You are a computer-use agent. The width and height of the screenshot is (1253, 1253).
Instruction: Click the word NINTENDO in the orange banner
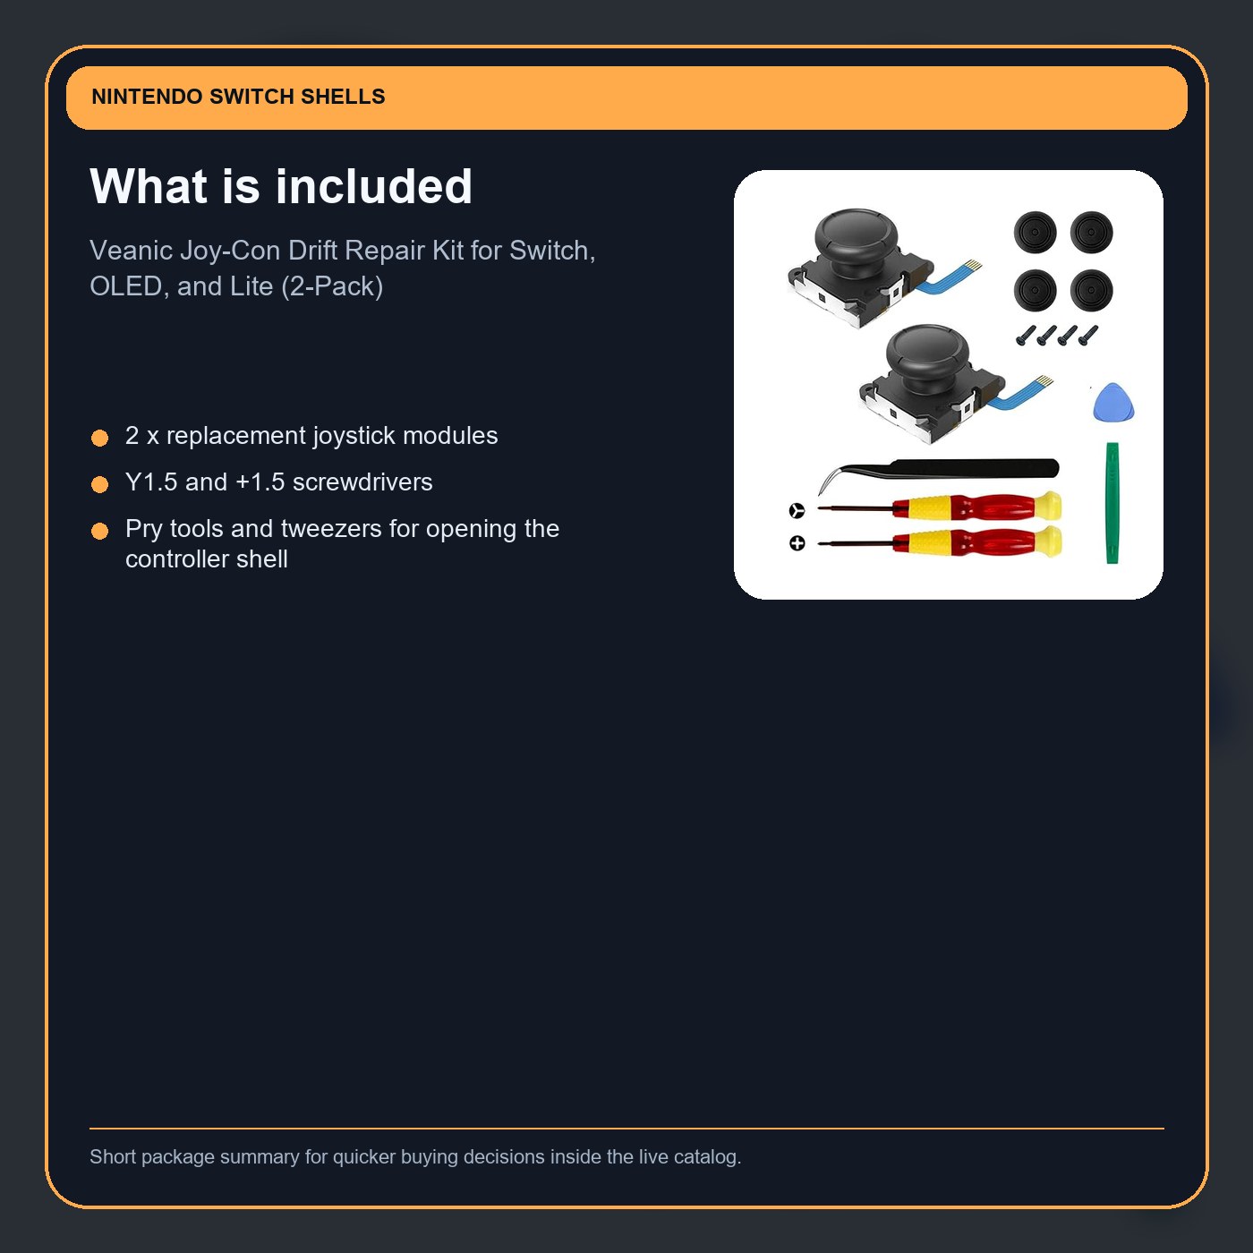(147, 97)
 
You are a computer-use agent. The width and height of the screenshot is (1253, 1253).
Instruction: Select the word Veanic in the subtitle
(131, 251)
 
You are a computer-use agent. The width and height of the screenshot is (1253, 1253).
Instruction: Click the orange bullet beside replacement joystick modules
(99, 438)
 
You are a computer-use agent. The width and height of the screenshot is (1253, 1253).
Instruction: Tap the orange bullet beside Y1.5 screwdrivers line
(99, 484)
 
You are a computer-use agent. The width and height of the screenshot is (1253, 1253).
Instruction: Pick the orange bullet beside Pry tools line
(99, 531)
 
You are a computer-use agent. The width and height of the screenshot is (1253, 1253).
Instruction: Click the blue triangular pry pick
(1112, 403)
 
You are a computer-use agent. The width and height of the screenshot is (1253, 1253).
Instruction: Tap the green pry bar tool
(1112, 503)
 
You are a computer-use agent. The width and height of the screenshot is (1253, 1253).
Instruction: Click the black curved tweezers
(940, 469)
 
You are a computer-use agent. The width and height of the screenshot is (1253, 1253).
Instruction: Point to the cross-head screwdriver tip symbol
(797, 543)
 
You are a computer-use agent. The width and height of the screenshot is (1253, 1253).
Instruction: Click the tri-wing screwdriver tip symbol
(797, 511)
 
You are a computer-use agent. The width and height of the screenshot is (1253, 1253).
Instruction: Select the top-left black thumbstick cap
(1035, 233)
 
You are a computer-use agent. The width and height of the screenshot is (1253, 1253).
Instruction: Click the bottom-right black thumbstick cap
(1092, 290)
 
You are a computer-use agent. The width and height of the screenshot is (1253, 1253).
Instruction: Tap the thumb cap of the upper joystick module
(856, 234)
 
